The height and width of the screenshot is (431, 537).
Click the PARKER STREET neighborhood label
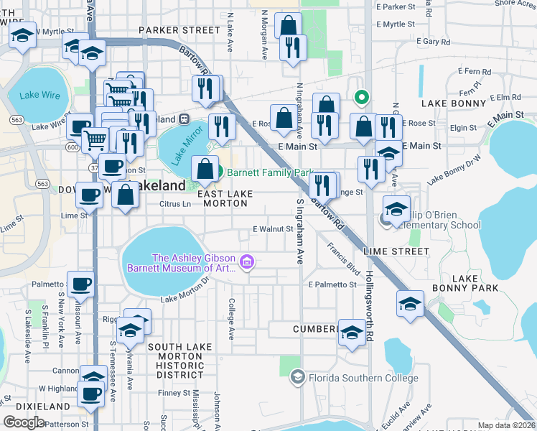179,30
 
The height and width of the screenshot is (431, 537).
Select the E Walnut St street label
273,230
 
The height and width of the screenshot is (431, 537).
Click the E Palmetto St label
332,285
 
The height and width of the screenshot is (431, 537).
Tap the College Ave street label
231,319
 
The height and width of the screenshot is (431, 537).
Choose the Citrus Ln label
174,204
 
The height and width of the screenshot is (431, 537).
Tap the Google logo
24,422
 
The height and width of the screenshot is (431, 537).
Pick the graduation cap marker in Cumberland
352,332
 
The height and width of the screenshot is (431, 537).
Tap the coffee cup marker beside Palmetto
80,284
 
